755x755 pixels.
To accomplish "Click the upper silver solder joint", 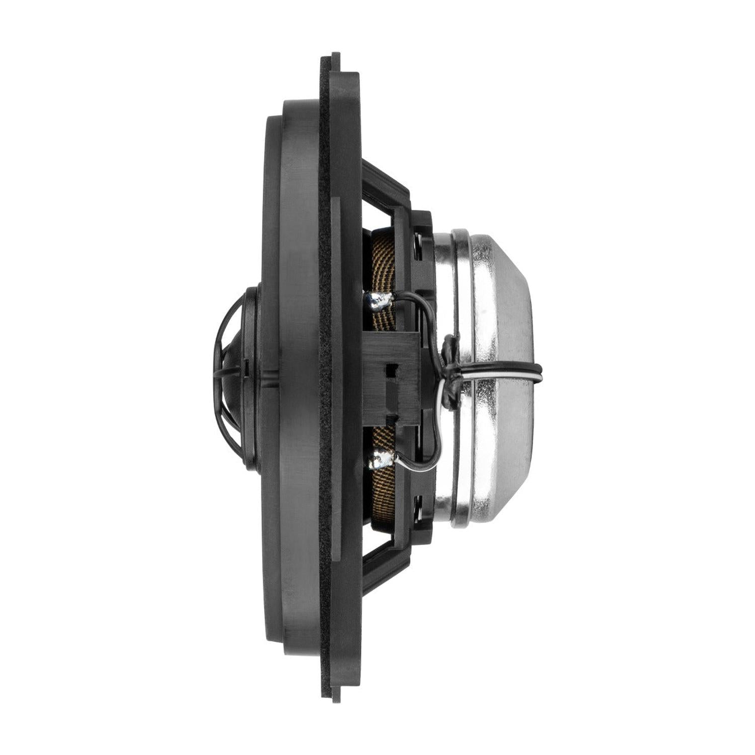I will point(379,300).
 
